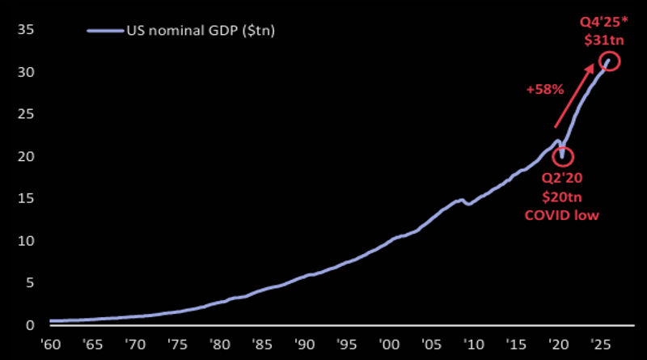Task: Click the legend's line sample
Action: pyautogui.click(x=104, y=31)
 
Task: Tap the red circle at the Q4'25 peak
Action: pyautogui.click(x=609, y=61)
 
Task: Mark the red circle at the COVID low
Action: pyautogui.click(x=563, y=157)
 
